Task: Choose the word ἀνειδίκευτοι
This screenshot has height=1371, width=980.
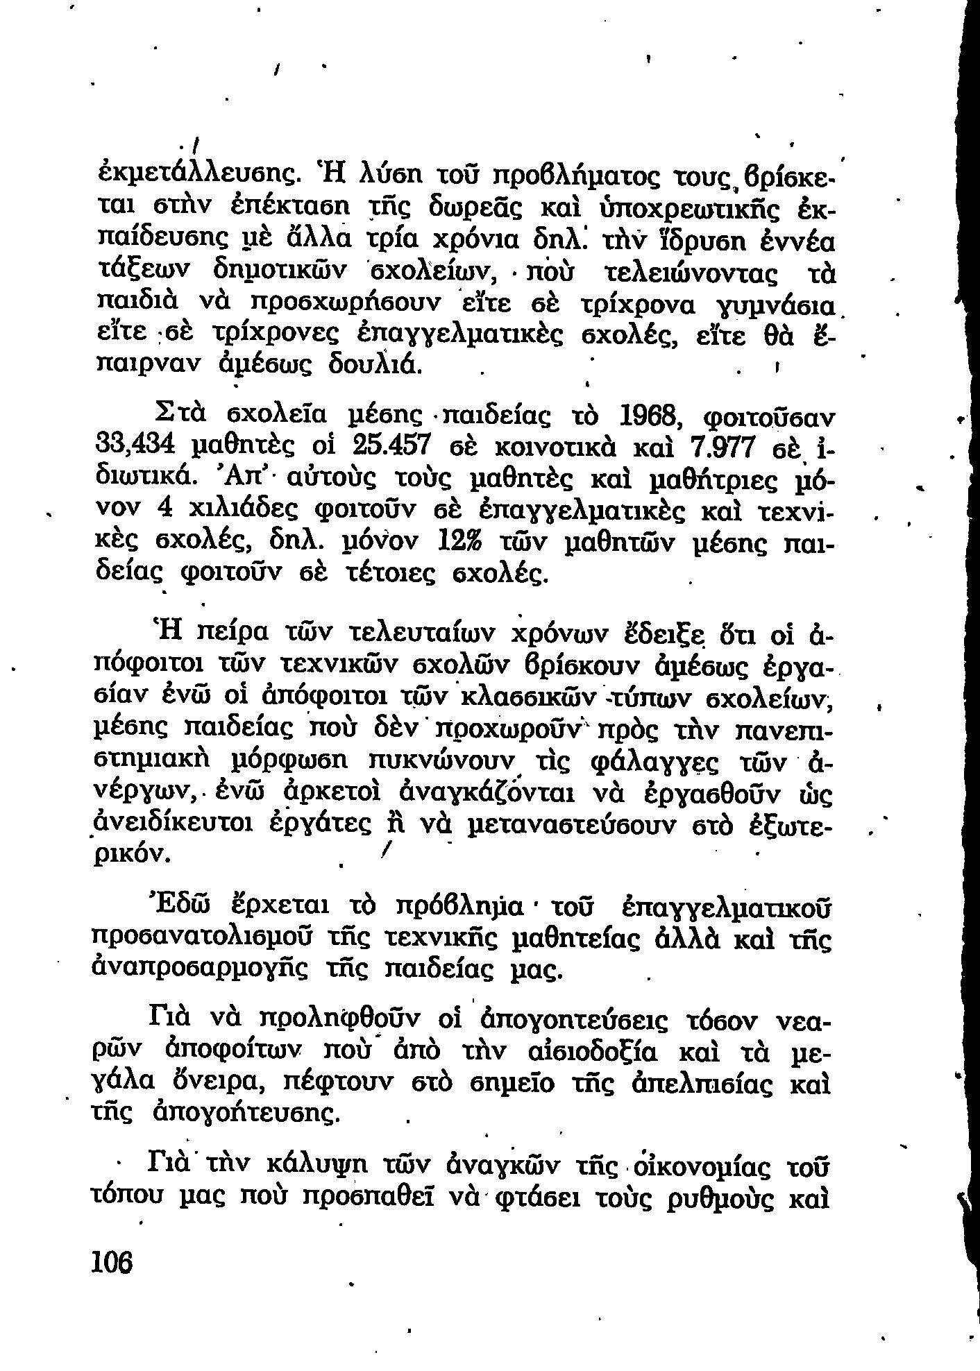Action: [174, 824]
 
